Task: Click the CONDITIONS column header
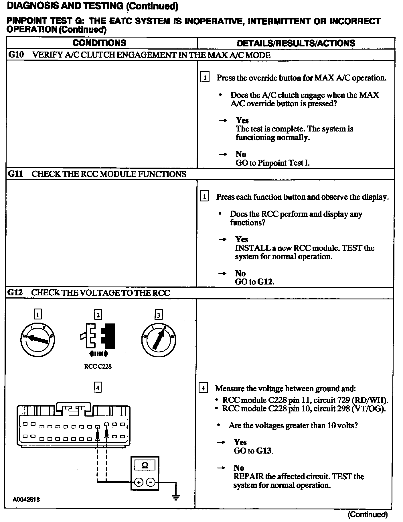pos(99,43)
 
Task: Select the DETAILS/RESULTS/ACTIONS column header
pos(296,43)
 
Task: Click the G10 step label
pos(16,55)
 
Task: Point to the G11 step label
pos(15,174)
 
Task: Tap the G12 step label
pos(15,293)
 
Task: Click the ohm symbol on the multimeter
pos(145,466)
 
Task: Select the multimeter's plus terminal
pos(139,483)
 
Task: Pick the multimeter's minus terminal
pos(151,483)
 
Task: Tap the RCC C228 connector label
pos(98,366)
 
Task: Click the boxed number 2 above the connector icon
pos(98,315)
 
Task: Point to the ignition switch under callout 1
pos(37,340)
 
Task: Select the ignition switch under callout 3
pos(159,340)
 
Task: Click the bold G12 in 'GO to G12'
pos(265,282)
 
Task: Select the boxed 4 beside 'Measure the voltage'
pos(203,389)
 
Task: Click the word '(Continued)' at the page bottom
pos(368,515)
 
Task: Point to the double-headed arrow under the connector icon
pos(99,354)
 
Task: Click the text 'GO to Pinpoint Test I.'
pos(272,163)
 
